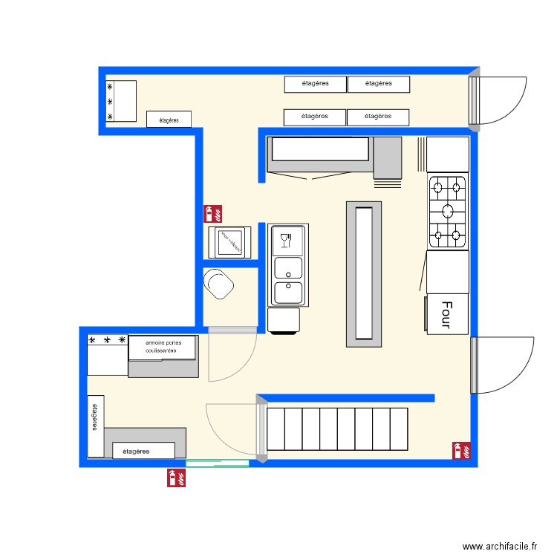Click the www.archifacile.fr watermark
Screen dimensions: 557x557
click(499, 546)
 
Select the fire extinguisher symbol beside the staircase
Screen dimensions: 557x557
click(461, 451)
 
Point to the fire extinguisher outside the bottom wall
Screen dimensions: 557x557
click(177, 478)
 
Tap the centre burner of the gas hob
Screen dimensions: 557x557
click(449, 212)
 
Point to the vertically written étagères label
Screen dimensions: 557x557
click(95, 416)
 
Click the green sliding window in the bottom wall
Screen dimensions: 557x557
click(217, 463)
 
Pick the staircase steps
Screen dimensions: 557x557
click(338, 429)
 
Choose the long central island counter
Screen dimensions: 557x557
click(364, 274)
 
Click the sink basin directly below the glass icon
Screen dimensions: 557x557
click(288, 267)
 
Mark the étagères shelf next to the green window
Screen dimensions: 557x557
click(143, 450)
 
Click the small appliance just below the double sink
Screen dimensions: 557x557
click(284, 321)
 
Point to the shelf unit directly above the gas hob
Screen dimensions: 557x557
click(448, 154)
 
